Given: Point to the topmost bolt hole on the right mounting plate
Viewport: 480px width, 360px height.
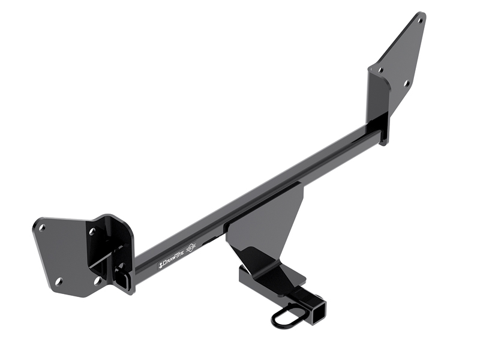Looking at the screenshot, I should pyautogui.click(x=419, y=20).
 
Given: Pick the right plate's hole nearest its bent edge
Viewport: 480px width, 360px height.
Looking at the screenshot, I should pyautogui.click(x=380, y=70).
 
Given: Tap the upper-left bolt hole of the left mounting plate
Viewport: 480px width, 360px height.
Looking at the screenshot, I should pyautogui.click(x=42, y=227).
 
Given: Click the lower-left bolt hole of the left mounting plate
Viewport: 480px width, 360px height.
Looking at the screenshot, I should pyautogui.click(x=58, y=281).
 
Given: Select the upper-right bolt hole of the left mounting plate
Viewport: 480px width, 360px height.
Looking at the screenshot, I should pyautogui.click(x=92, y=231).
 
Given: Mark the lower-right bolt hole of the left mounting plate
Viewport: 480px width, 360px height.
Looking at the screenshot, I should pyautogui.click(x=97, y=280).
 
